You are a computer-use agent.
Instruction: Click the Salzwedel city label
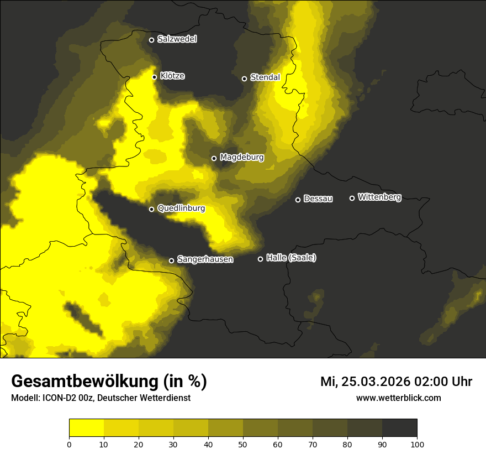click(177, 39)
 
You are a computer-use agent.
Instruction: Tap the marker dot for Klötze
click(155, 77)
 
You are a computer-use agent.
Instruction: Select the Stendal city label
click(265, 77)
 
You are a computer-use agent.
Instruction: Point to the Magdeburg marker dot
click(214, 158)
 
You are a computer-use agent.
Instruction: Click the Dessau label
click(318, 199)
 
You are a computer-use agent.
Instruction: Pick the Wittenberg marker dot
click(352, 198)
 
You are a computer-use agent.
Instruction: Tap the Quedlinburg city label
click(181, 208)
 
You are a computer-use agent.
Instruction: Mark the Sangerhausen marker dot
click(171, 260)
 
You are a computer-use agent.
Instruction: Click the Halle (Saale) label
click(291, 258)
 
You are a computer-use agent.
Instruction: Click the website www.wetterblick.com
click(399, 398)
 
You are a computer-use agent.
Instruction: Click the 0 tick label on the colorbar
click(69, 444)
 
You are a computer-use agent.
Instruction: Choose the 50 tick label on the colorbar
click(243, 444)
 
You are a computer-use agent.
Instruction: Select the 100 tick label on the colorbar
click(417, 444)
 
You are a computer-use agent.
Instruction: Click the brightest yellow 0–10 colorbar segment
click(86, 427)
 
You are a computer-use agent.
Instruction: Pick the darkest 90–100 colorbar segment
click(399, 427)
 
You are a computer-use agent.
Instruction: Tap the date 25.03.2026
click(371, 382)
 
